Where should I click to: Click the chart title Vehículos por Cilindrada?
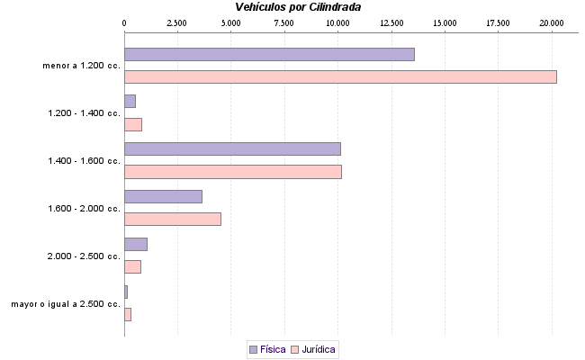[292, 6]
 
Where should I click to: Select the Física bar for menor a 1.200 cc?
[269, 54]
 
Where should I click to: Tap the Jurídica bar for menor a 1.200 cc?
[340, 76]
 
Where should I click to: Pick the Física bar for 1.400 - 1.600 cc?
[232, 148]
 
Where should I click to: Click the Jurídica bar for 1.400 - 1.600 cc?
[232, 171]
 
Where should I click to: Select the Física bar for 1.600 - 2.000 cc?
[163, 196]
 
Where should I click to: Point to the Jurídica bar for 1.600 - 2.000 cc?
[172, 219]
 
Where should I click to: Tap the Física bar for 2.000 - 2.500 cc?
[135, 244]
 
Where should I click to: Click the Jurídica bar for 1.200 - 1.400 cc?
[132, 124]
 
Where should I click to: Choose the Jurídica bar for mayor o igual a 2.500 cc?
[127, 314]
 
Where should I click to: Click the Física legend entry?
[267, 348]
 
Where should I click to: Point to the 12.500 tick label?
[391, 22]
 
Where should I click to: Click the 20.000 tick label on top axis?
[552, 22]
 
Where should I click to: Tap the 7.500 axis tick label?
[284, 22]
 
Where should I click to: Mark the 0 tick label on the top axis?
[124, 22]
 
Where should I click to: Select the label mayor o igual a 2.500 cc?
[66, 304]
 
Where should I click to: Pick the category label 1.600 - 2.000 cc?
[84, 209]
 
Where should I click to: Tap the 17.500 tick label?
[498, 22]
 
